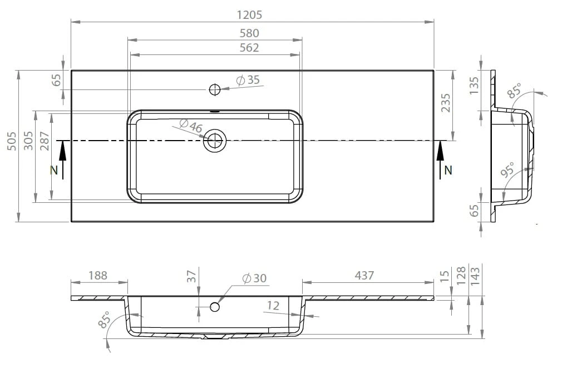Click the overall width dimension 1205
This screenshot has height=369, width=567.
(249, 15)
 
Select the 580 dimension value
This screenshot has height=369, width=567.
(249, 33)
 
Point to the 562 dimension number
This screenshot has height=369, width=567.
(249, 48)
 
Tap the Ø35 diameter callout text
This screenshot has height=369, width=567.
(248, 80)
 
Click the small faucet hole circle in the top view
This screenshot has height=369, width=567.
(215, 89)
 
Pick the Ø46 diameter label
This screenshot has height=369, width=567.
(190, 126)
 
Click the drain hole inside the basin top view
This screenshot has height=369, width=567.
(215, 140)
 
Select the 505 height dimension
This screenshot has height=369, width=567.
(12, 141)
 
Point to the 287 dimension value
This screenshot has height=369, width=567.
(45, 141)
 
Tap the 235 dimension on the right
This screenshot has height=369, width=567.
(446, 103)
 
